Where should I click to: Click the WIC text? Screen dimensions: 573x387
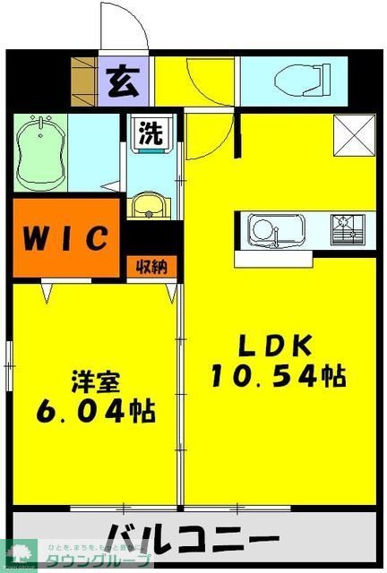click(65, 239)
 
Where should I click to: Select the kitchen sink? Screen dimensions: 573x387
click(266, 230)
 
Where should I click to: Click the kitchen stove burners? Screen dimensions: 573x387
click(344, 229)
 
